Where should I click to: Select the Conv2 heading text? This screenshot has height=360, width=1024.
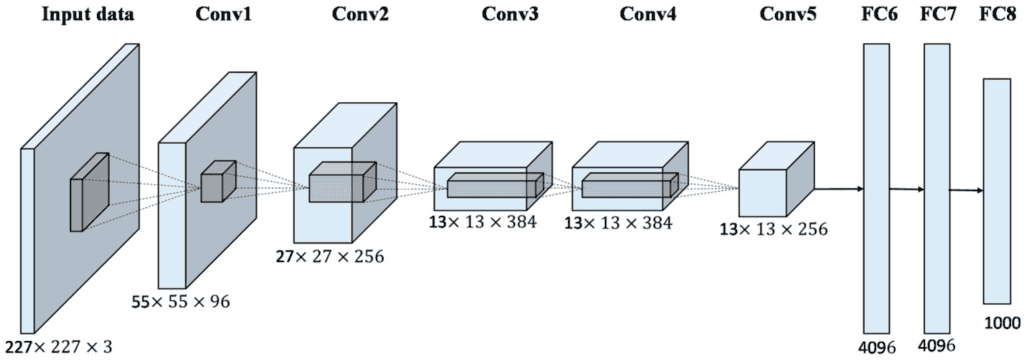[335, 16]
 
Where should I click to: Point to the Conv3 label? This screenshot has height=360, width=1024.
[508, 16]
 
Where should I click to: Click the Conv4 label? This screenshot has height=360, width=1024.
[646, 16]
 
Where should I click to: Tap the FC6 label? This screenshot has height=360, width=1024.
[877, 16]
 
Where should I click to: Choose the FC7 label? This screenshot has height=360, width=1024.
[937, 16]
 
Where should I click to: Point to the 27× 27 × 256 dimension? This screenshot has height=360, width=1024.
[329, 256]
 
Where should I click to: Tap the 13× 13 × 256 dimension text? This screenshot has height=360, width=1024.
[773, 229]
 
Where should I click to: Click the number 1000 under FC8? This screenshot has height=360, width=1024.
[1000, 322]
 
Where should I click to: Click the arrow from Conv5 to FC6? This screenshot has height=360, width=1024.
[838, 187]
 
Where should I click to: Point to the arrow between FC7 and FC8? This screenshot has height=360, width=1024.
[966, 189]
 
